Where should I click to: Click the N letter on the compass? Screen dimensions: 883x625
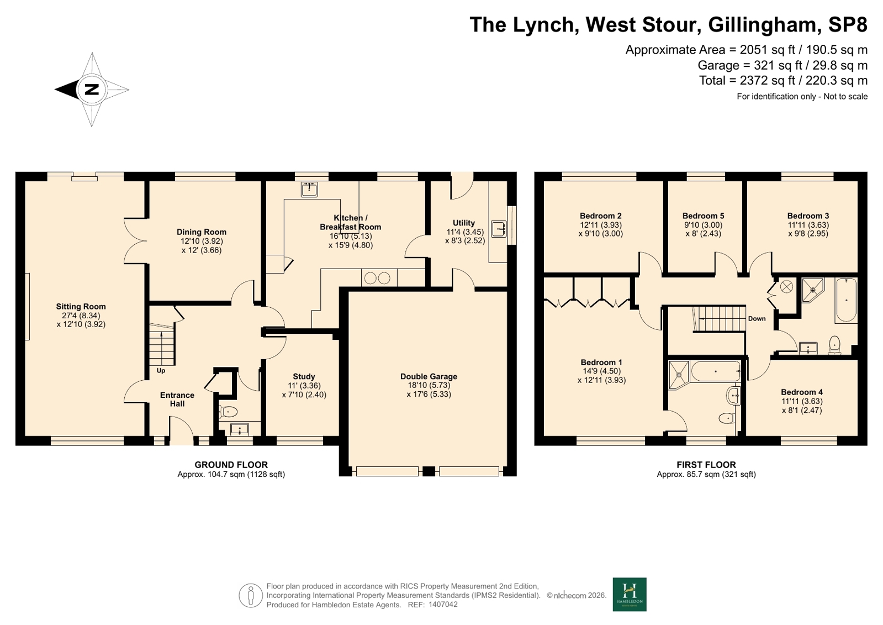[x=92, y=89]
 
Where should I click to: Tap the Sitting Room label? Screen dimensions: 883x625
[x=81, y=307]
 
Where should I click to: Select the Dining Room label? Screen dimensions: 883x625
[x=202, y=232]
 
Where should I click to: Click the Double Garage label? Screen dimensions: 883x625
[x=429, y=376]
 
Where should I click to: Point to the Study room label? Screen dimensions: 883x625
[x=304, y=376]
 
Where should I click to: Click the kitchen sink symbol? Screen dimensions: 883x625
[x=309, y=190]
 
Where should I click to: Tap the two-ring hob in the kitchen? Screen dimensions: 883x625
[x=377, y=278]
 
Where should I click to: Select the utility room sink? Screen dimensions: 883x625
[x=499, y=229]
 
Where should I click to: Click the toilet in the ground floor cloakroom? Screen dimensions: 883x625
[x=228, y=412]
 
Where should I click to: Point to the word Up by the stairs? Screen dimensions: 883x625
[x=161, y=371]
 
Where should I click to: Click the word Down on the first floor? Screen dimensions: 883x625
[x=757, y=319]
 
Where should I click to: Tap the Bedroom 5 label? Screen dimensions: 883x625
[x=703, y=216]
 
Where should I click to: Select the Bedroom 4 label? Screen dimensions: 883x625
[x=802, y=392]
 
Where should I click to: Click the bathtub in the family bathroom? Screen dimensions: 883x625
[x=846, y=301]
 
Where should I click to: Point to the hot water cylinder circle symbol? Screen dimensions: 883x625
[x=786, y=287]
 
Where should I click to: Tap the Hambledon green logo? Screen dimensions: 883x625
[x=630, y=595]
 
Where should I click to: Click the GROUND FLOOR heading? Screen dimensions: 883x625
[x=231, y=465]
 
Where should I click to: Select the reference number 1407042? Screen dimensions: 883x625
[x=443, y=605]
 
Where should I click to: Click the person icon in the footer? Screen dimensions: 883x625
[x=251, y=595]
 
